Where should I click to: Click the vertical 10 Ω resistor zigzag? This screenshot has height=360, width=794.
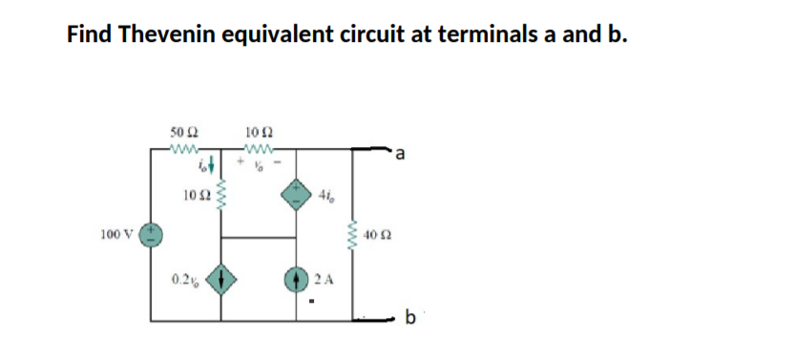tap(223, 197)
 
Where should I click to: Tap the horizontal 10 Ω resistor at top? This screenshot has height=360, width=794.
tap(260, 148)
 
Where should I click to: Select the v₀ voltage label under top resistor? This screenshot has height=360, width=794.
tap(260, 163)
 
